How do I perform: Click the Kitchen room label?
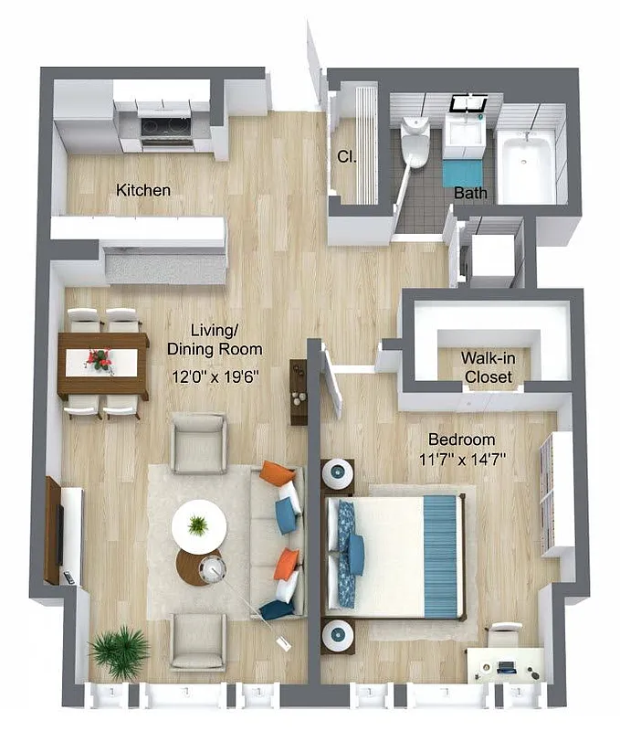[x=143, y=190]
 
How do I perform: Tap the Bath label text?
[x=470, y=193]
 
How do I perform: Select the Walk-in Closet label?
[x=488, y=366]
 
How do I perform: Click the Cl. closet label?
[x=346, y=156]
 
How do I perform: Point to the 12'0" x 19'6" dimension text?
[x=215, y=375]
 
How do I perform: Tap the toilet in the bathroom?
[x=415, y=142]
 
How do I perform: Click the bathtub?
[x=525, y=164]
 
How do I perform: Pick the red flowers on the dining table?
[x=100, y=359]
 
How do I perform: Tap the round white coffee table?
[x=198, y=524]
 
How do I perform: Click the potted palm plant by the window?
[x=119, y=650]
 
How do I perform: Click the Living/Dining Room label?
[x=215, y=339]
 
